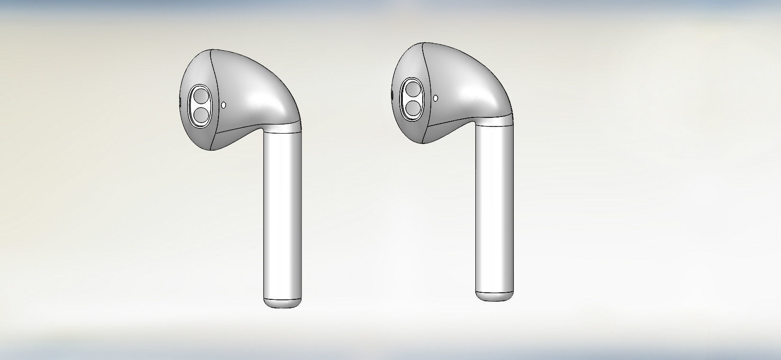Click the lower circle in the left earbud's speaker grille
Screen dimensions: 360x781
[x=200, y=114]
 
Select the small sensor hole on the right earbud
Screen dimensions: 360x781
[x=436, y=98]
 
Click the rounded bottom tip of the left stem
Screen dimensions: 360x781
[x=283, y=304]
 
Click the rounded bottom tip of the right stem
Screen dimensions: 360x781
[x=495, y=296]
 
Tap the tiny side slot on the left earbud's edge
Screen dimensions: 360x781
[x=180, y=102]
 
